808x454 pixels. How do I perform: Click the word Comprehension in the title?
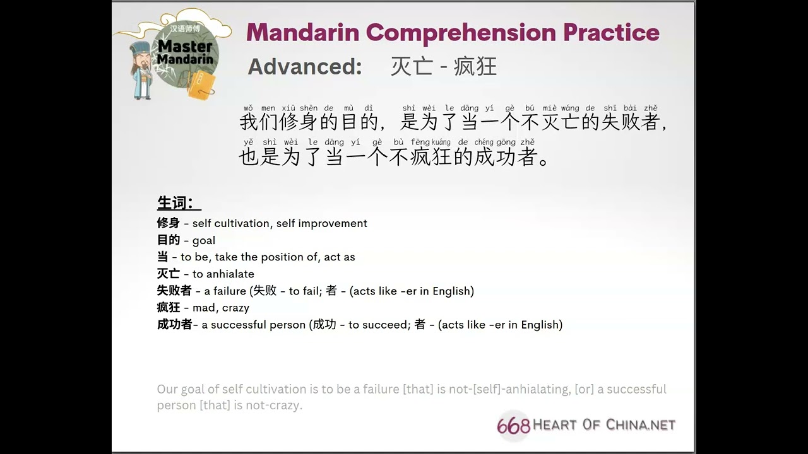pos(461,32)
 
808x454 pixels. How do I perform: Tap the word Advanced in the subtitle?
pos(304,67)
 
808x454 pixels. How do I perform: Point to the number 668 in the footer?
pos(513,426)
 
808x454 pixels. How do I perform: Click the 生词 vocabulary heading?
pos(179,202)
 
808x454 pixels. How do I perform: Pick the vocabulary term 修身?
pos(168,223)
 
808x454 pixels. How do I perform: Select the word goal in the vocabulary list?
pos(204,240)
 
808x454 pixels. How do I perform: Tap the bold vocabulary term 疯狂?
pos(168,307)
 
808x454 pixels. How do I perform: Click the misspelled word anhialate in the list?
pos(223,274)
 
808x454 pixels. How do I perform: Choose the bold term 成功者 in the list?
pos(174,324)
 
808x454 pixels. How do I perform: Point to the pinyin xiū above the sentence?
pos(288,108)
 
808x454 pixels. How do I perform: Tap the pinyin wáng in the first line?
pos(570,108)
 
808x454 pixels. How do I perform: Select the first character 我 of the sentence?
pos(249,122)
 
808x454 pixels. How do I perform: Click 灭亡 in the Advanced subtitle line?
pos(412,67)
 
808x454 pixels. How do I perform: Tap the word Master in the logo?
pos(185,46)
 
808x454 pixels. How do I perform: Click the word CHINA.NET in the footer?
pos(641,425)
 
